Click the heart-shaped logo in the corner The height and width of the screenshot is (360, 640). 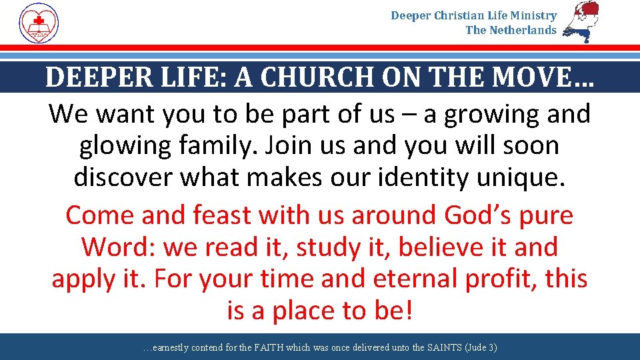(39, 23)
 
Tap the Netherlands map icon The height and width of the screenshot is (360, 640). (581, 22)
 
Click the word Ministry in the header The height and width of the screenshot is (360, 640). (533, 15)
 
